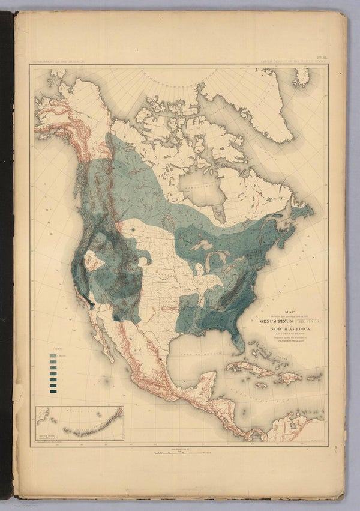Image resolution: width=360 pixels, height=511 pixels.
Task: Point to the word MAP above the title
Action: point(289,312)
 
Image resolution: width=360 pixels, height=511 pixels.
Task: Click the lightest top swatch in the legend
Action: point(53,357)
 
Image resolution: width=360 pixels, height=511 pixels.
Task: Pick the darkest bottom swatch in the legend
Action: point(53,392)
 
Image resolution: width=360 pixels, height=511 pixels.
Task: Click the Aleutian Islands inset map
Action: point(79,423)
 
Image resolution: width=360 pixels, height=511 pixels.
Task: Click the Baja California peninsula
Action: point(103,342)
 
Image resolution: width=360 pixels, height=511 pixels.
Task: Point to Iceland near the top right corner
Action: point(302,77)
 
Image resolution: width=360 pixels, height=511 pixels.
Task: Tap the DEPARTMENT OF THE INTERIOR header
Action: point(56,61)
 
